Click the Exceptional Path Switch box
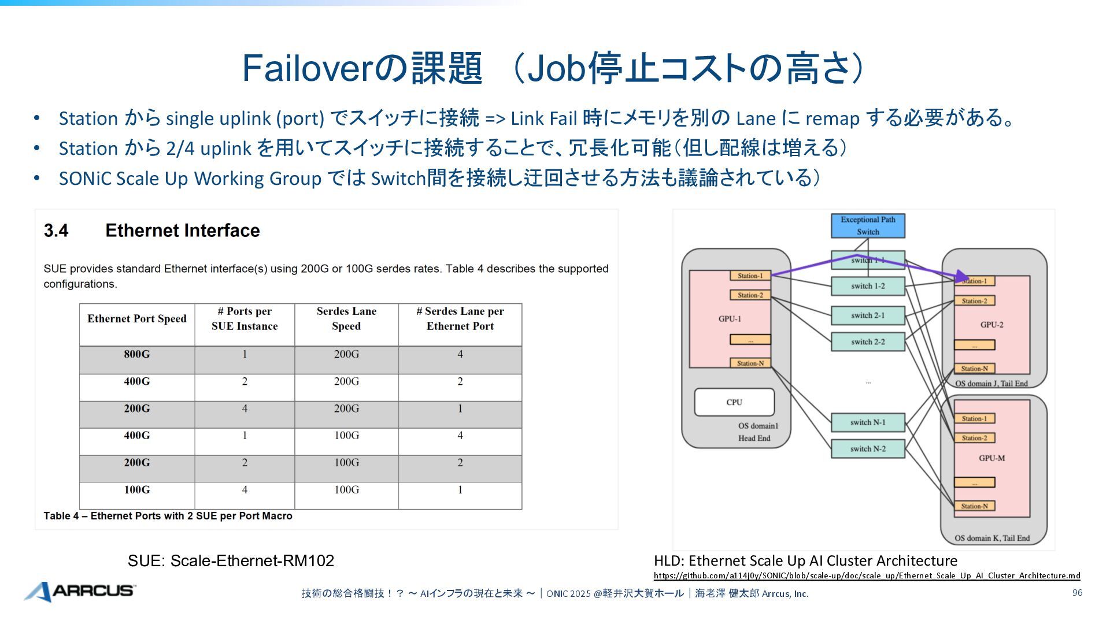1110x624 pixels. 867,225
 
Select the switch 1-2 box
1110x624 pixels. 867,286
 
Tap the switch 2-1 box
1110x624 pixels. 867,315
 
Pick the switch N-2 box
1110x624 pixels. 867,449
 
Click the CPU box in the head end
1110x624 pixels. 734,402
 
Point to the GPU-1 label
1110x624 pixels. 730,319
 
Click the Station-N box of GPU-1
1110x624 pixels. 750,363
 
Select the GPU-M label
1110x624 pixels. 991,458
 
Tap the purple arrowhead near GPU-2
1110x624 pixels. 963,277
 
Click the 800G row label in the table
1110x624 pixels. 137,354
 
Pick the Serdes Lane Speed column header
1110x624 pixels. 346,319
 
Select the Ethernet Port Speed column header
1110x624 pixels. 137,319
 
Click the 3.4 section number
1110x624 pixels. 56,231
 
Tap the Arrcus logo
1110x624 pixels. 80,591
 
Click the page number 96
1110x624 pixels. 1077,593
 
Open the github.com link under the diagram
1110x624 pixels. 867,575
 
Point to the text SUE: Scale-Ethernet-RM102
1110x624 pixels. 231,560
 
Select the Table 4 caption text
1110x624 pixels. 168,516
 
